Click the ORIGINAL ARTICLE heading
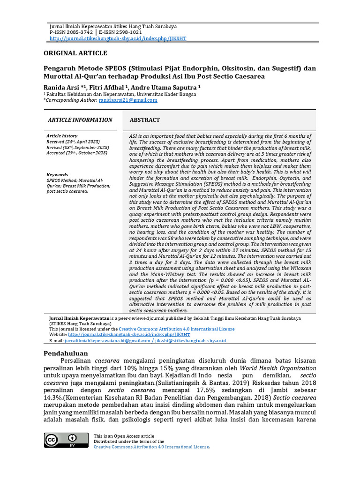pos(75,53)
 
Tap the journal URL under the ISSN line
pos(118,38)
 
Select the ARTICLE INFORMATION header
pos(80,120)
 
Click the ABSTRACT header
pos(144,120)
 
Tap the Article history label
pos(62,135)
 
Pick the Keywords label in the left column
pos(57,174)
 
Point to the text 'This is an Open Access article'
pos(124,436)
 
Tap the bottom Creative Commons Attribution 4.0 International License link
pos(151,447)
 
